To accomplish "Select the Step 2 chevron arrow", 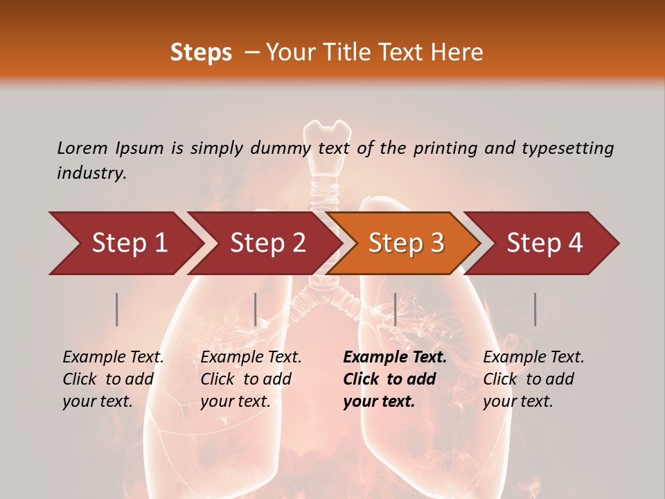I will pyautogui.click(x=267, y=243).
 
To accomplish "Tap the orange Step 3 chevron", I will pyautogui.click(x=406, y=243).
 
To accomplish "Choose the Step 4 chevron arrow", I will pyautogui.click(x=544, y=243).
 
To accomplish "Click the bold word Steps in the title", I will pyautogui.click(x=201, y=52).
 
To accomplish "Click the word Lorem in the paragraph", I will pyautogui.click(x=82, y=148).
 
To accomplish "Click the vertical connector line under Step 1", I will pyautogui.click(x=117, y=309).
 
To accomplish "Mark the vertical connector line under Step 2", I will pyautogui.click(x=256, y=309).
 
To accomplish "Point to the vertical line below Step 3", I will pyautogui.click(x=395, y=309).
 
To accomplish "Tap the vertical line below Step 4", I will pyautogui.click(x=535, y=309).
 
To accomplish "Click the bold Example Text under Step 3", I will pyautogui.click(x=395, y=358).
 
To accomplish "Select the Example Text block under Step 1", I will pyautogui.click(x=113, y=378).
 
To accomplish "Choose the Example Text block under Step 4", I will pyautogui.click(x=533, y=378).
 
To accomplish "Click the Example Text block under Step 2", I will pyautogui.click(x=251, y=378).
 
